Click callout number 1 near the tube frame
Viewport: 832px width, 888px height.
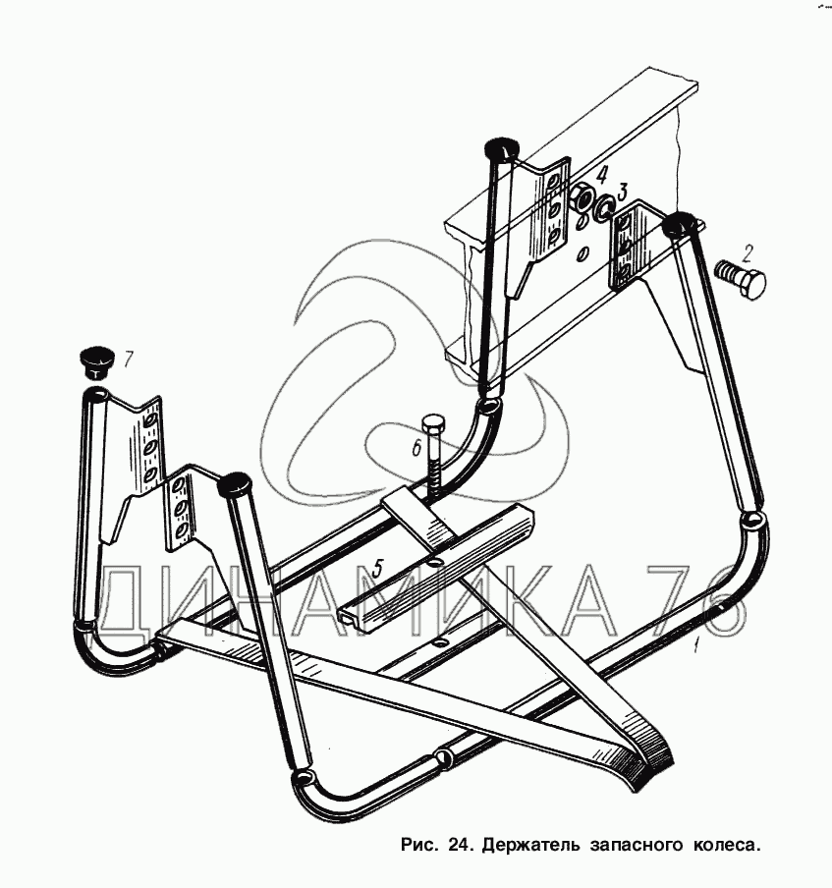coord(695,645)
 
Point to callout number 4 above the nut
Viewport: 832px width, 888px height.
coord(601,176)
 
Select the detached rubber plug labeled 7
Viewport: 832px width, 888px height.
coord(95,361)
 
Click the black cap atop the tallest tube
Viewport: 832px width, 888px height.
coord(502,149)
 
